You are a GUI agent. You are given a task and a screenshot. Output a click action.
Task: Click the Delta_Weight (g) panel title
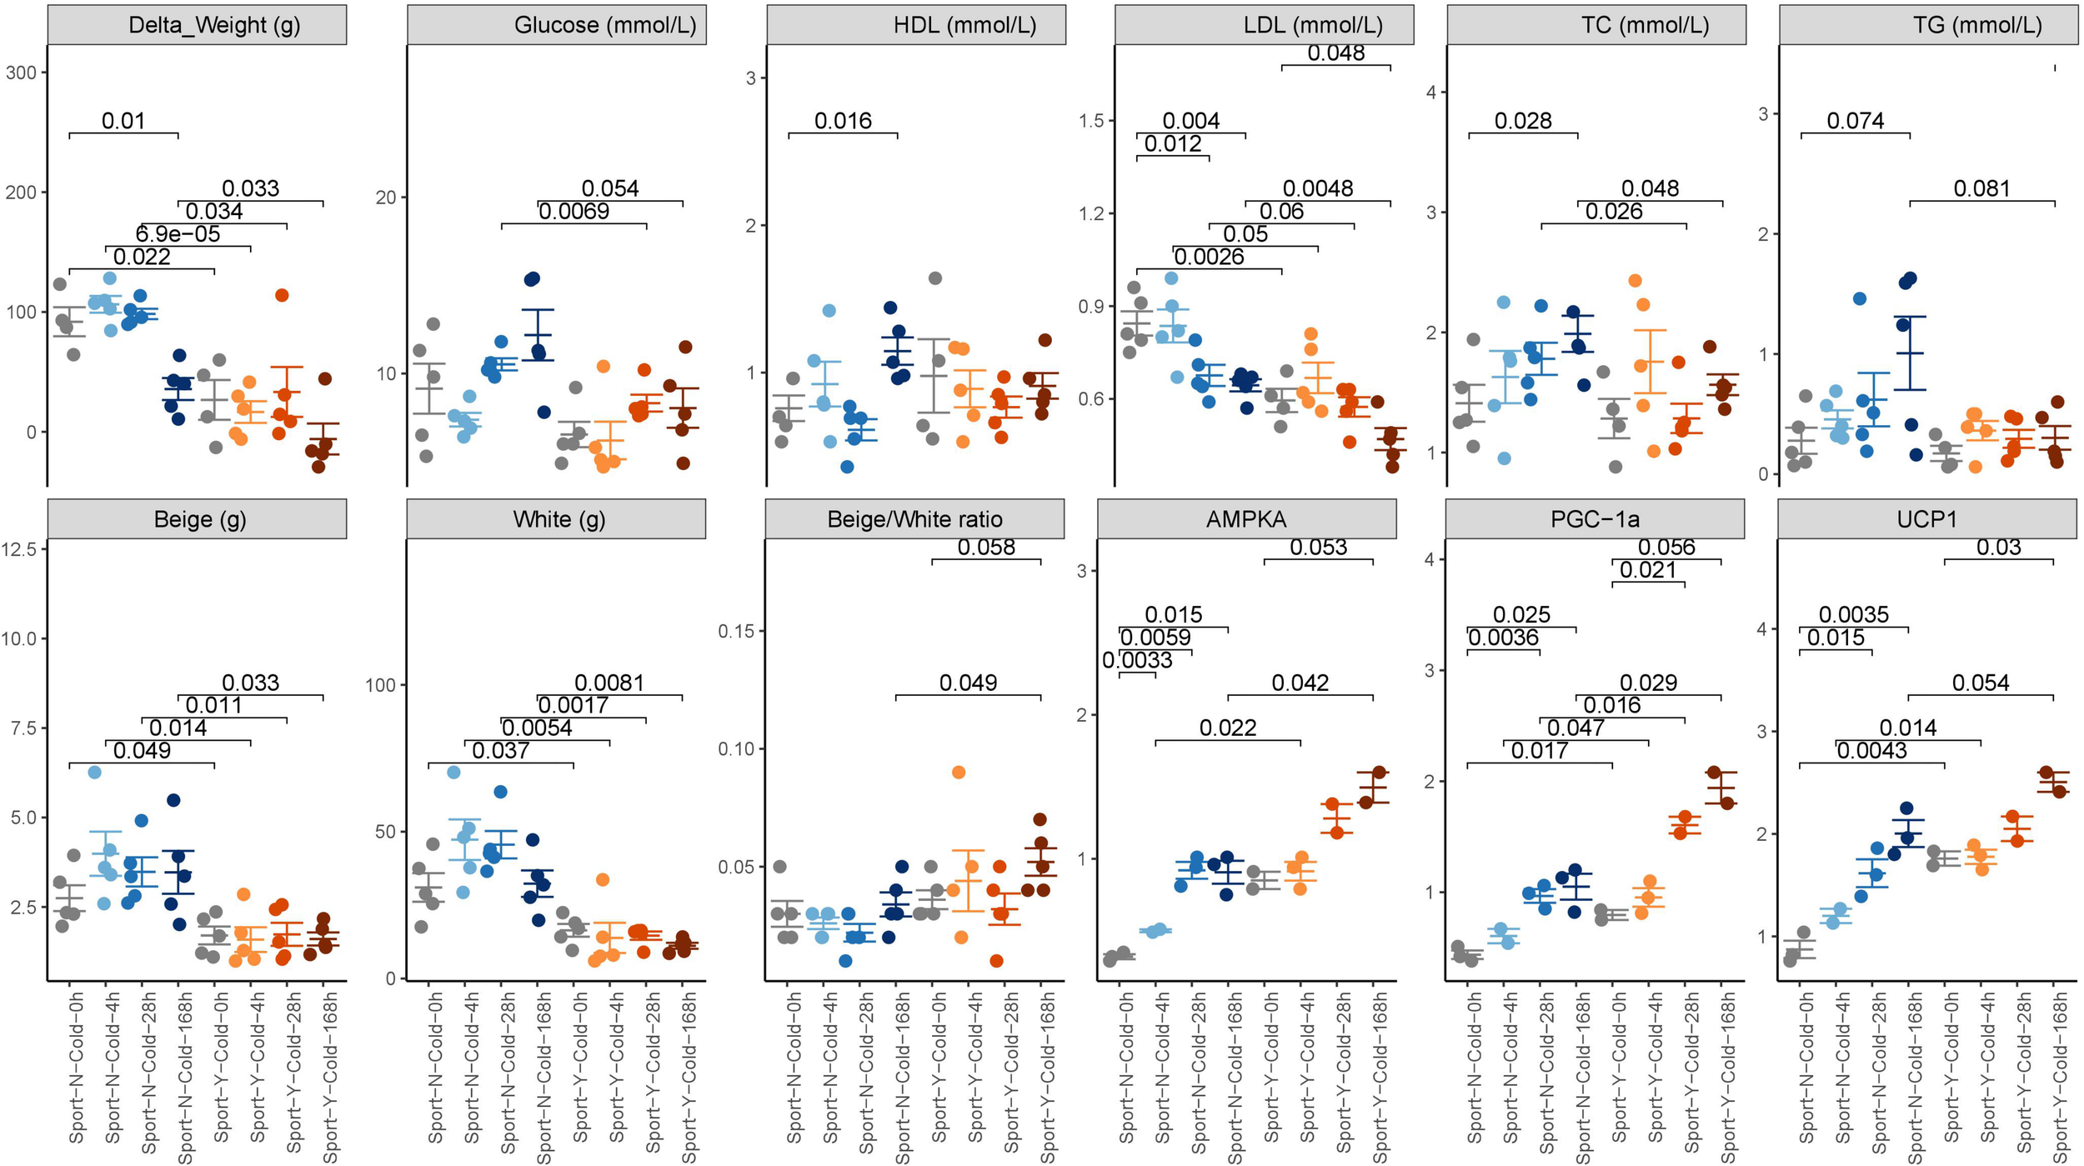point(214,25)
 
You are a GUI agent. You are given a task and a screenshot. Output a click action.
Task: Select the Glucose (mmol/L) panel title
point(604,25)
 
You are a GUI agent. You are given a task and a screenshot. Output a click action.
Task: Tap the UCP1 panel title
point(1926,519)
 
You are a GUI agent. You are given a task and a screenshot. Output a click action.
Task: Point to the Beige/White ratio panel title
point(914,519)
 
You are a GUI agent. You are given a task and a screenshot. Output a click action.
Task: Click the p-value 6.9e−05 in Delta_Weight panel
point(178,234)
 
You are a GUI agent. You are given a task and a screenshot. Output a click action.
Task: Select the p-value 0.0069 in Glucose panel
point(574,212)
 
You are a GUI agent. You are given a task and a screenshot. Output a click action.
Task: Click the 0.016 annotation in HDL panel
point(843,121)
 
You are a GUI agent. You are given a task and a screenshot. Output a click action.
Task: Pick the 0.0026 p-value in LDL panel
point(1209,257)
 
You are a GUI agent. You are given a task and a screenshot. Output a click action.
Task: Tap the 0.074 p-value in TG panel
point(1855,121)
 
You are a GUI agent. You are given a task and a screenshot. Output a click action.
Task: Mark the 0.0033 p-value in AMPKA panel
point(1137,661)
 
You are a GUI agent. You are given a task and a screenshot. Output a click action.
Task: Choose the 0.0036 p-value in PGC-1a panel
point(1502,638)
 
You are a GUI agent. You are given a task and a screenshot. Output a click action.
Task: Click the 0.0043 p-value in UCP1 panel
point(1871,751)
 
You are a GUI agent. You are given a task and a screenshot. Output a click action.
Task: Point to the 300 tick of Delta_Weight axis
point(21,73)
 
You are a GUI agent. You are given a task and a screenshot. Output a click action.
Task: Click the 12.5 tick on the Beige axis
point(19,549)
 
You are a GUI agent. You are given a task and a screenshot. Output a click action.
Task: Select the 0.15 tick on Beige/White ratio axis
point(736,632)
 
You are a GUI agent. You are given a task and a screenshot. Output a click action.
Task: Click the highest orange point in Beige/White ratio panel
point(959,773)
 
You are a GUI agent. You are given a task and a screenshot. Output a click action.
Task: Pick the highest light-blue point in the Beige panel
point(94,773)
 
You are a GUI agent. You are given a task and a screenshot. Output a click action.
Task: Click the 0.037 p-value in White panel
point(500,751)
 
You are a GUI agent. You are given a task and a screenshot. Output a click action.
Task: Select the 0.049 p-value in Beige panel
point(142,751)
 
